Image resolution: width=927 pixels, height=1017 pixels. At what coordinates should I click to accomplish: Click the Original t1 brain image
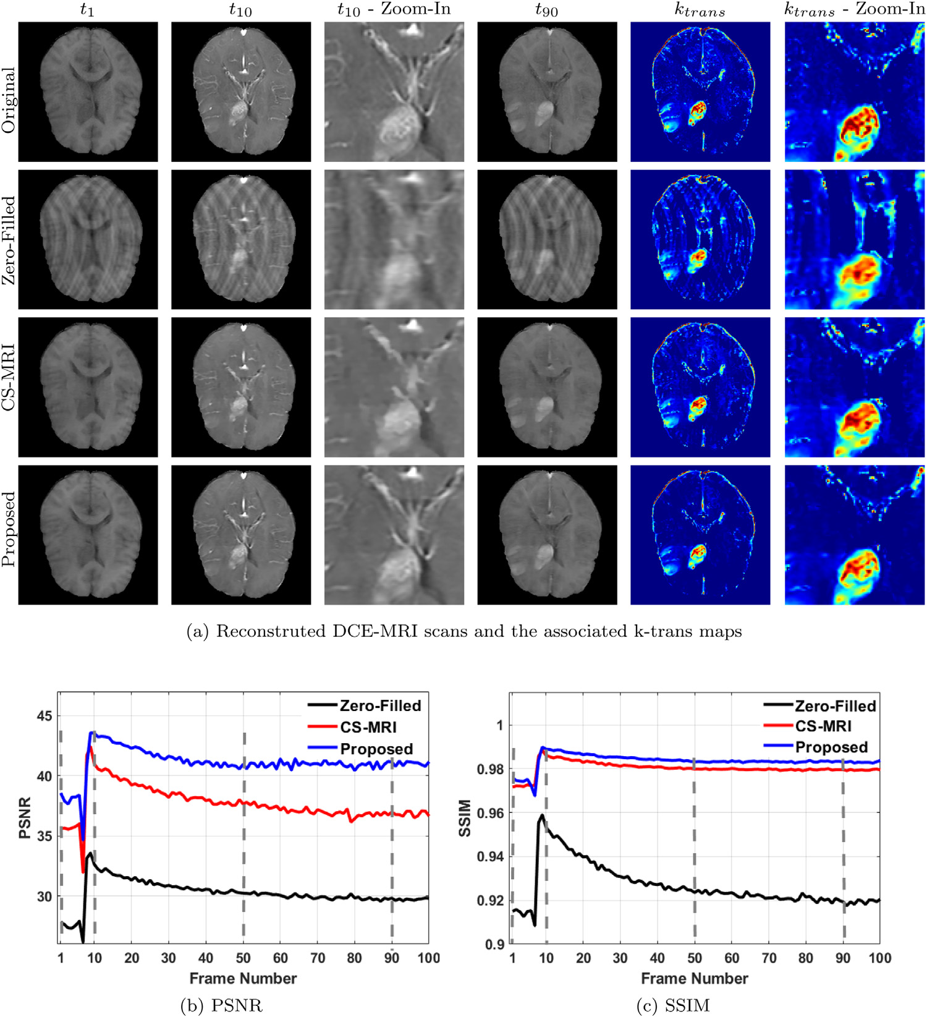click(x=88, y=92)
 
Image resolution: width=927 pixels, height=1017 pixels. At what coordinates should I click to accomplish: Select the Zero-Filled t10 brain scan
click(x=241, y=239)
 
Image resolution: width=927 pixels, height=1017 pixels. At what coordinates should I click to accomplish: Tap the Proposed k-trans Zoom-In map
click(x=855, y=535)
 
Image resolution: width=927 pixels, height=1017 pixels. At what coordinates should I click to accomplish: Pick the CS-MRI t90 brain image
click(x=547, y=387)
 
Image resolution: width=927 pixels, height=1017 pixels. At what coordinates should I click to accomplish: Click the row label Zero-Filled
click(x=9, y=240)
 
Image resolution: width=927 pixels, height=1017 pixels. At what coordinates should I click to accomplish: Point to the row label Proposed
click(x=9, y=529)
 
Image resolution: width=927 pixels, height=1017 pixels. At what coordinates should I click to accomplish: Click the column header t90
click(x=547, y=10)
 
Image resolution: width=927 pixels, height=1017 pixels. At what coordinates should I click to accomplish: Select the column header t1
click(x=88, y=10)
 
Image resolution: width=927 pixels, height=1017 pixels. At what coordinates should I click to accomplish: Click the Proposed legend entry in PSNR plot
click(x=376, y=749)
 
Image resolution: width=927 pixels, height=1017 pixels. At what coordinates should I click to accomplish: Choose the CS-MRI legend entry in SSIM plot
click(x=823, y=726)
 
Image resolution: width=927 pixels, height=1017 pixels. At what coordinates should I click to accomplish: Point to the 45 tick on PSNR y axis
click(x=45, y=716)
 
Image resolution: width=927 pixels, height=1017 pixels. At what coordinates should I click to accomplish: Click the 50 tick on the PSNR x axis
click(x=243, y=958)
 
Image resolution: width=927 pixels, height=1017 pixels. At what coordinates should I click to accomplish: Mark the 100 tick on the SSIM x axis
click(x=879, y=958)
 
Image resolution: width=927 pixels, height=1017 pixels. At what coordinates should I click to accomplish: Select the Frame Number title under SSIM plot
click(x=694, y=979)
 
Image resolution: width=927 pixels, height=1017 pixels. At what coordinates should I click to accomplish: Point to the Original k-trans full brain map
click(x=700, y=92)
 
